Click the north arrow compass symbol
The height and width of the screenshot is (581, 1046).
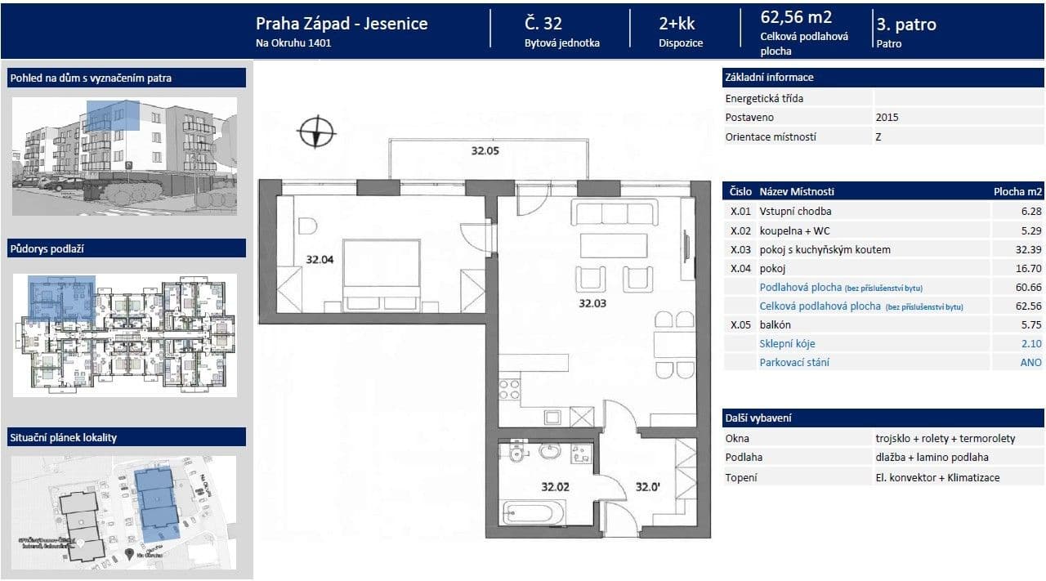317,132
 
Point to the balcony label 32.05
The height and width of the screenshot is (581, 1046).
485,150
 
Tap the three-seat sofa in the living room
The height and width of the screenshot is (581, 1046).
615,214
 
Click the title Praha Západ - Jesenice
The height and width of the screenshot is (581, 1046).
342,24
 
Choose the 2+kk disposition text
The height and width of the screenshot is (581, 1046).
677,24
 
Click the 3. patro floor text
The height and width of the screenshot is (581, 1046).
906,24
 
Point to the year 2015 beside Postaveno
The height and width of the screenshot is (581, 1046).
887,118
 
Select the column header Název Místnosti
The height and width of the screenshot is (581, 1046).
797,192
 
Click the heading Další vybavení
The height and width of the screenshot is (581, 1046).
758,418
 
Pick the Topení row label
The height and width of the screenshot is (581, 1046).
741,477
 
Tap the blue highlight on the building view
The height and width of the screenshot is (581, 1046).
113,116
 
